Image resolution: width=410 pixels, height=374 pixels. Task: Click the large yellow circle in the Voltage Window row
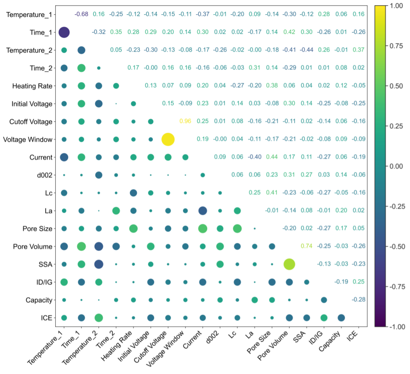click(x=167, y=139)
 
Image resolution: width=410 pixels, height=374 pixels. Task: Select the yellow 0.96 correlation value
click(x=185, y=121)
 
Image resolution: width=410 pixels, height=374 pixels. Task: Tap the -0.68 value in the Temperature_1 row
click(x=81, y=14)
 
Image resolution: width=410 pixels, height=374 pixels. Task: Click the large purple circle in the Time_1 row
click(x=64, y=32)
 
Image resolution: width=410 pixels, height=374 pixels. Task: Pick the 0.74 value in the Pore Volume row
click(x=306, y=246)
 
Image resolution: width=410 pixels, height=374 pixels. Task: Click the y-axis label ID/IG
click(x=44, y=282)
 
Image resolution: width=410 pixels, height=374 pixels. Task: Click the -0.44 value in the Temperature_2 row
click(x=306, y=50)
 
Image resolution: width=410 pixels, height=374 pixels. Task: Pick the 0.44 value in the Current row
click(x=271, y=157)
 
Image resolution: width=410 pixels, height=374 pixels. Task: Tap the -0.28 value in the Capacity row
click(x=358, y=299)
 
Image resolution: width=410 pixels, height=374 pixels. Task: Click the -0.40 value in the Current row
click(x=254, y=157)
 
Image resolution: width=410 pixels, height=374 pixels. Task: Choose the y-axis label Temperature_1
click(x=29, y=15)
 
